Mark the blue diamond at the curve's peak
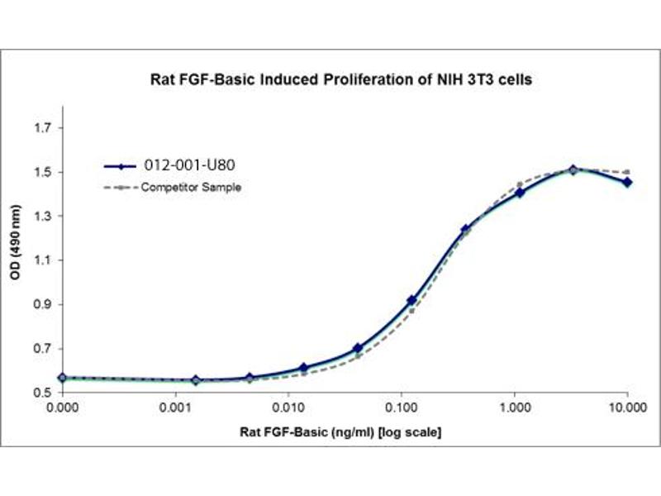(x=573, y=169)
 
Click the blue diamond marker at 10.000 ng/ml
(x=628, y=182)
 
